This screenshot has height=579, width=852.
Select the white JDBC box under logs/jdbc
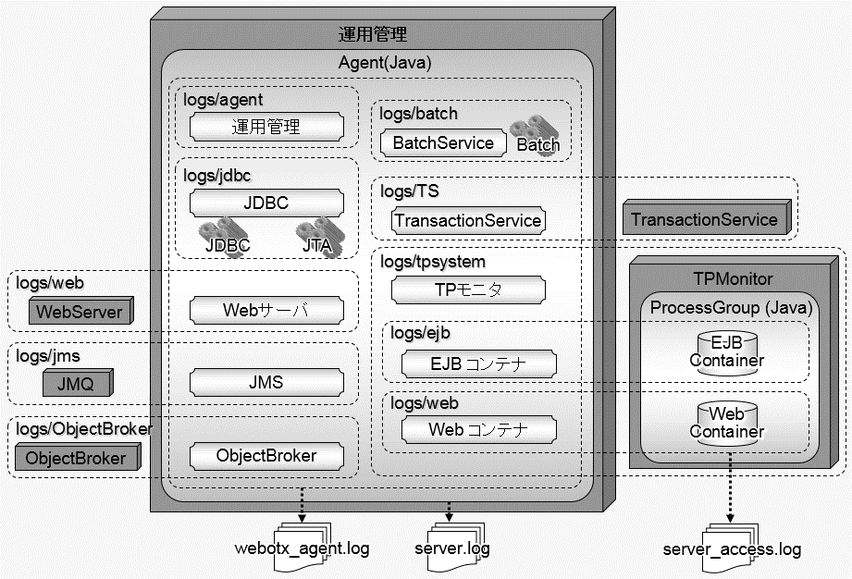[265, 203]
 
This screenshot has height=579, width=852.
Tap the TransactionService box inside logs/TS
[467, 220]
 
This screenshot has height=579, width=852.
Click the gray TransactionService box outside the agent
[704, 220]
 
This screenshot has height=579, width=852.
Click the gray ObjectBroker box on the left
[76, 458]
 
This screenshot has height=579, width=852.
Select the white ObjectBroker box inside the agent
[265, 455]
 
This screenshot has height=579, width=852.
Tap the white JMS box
[265, 382]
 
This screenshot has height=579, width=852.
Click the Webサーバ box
[265, 310]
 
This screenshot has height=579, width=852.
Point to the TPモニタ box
[467, 290]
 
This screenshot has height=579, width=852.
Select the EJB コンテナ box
[478, 363]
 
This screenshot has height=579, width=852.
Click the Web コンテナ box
[478, 429]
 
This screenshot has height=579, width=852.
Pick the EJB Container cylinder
[726, 351]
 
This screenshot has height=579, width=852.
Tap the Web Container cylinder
[726, 423]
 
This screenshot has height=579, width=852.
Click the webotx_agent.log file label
[303, 548]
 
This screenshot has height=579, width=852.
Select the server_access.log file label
[732, 549]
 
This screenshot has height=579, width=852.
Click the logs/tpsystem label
[433, 262]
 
